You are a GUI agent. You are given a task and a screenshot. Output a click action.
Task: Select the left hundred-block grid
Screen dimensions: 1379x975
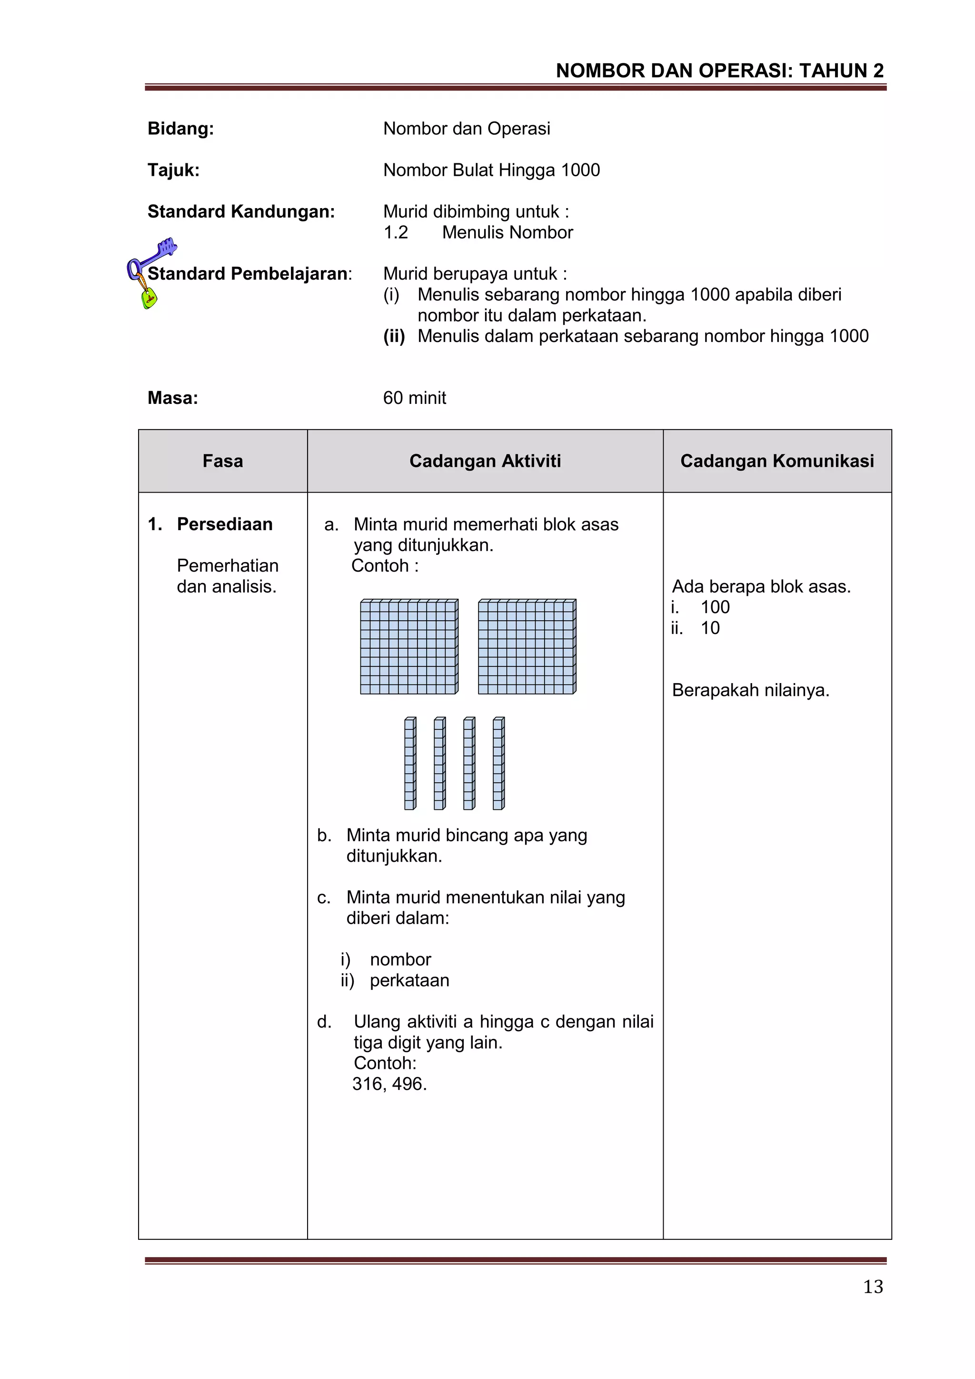[x=409, y=646]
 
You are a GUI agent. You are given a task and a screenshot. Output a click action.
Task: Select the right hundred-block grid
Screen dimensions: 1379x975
[x=527, y=646]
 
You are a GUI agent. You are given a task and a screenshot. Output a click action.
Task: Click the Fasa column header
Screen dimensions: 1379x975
[x=223, y=461]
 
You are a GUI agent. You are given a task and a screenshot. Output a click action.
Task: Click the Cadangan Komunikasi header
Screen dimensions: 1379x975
[x=776, y=461]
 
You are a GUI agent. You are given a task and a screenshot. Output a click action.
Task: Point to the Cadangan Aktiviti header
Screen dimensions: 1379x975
[x=485, y=461]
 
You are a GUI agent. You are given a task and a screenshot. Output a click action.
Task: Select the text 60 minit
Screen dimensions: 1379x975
[x=414, y=398]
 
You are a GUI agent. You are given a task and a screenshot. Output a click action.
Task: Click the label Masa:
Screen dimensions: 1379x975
[x=173, y=398]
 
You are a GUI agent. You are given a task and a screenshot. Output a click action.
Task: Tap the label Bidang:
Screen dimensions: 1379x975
[x=181, y=129]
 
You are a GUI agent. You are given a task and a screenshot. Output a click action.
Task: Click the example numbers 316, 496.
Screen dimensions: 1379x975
[x=389, y=1084]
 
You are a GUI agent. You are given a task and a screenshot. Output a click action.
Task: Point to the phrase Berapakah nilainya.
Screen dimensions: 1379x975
[x=750, y=690]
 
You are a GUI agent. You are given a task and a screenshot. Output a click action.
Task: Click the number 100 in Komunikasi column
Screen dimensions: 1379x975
[x=715, y=607]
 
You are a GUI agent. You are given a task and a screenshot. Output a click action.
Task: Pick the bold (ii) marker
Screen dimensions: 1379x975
[x=394, y=336]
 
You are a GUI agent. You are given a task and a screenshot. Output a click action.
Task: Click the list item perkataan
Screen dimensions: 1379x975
[x=409, y=980]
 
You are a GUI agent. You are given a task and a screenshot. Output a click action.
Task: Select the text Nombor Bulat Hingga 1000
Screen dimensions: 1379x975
[x=491, y=170]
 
